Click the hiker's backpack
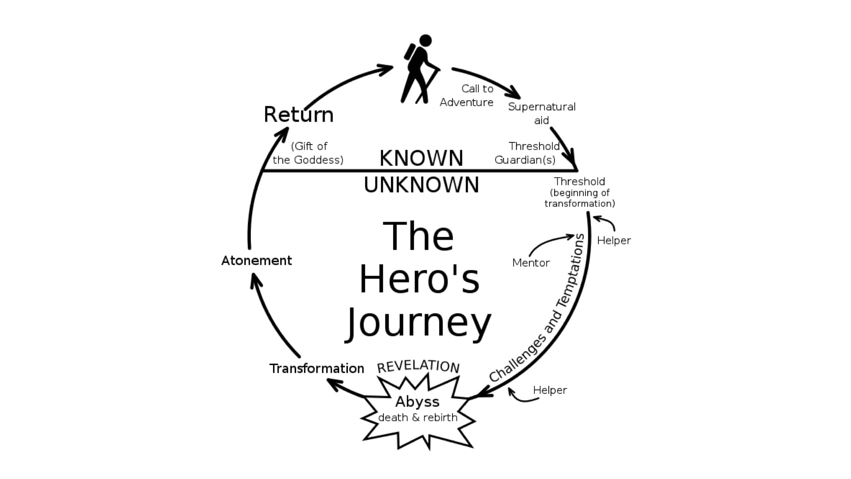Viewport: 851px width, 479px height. click(410, 52)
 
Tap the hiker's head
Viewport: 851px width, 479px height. click(425, 41)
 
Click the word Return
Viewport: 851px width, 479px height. click(298, 114)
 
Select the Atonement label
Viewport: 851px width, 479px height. click(256, 260)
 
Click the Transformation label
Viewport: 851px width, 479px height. click(316, 369)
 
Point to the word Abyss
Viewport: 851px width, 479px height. click(417, 401)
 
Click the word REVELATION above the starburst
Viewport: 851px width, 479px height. click(418, 366)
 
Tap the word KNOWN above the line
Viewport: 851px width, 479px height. click(421, 158)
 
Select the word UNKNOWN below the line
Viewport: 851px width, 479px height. click(421, 185)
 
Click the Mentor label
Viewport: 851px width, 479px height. click(531, 263)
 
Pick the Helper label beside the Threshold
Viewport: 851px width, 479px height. click(613, 240)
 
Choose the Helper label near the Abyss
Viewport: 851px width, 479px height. click(550, 390)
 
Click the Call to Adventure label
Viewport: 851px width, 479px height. click(467, 95)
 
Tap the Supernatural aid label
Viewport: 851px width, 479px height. click(541, 113)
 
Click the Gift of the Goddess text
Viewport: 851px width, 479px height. click(308, 153)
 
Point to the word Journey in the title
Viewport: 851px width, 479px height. click(418, 323)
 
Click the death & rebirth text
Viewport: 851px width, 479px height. click(418, 418)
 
